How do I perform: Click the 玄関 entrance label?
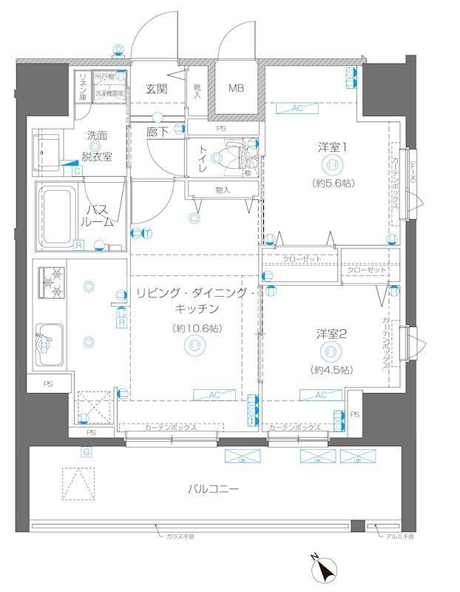(x=156, y=89)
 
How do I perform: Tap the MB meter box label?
(x=235, y=89)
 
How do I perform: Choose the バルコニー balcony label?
(x=213, y=489)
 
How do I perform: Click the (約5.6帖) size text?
(x=333, y=183)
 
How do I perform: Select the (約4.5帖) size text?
(x=332, y=369)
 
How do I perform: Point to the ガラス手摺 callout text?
(x=179, y=538)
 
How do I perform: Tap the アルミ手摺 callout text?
(x=399, y=538)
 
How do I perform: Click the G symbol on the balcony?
(x=87, y=452)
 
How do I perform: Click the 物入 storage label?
(x=223, y=190)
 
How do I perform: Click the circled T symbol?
(x=148, y=234)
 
